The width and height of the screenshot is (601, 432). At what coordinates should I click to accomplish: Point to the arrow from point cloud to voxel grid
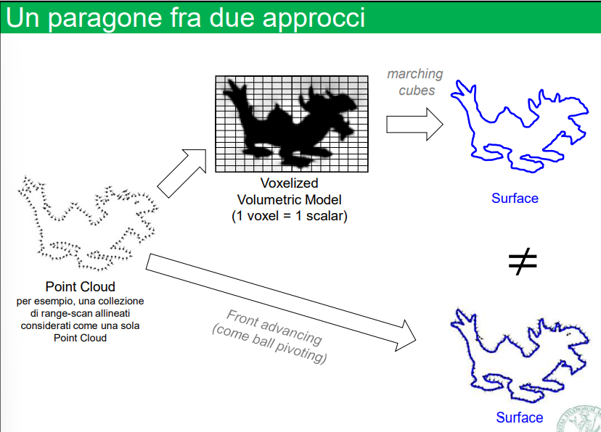(182, 173)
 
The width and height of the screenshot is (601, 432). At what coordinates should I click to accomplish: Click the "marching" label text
(414, 74)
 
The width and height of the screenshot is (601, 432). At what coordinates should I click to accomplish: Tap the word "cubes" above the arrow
(417, 90)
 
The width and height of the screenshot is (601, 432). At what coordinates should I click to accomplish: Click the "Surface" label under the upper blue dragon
(515, 198)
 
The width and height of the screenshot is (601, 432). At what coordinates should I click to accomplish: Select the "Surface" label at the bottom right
(519, 417)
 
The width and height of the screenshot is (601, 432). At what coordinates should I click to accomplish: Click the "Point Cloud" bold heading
(80, 286)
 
